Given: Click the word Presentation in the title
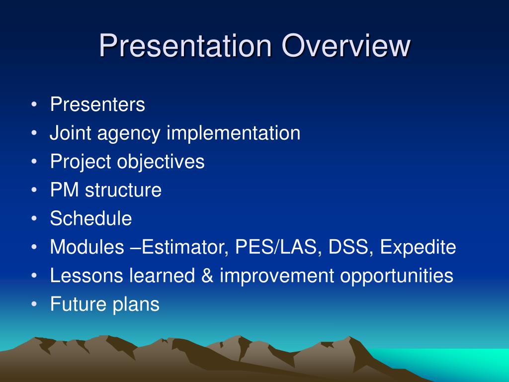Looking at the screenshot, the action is (185, 45).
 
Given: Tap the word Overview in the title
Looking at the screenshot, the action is (346, 45).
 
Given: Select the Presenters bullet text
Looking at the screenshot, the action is (97, 104).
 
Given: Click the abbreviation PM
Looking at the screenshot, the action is (64, 190).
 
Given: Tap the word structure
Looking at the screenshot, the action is (123, 191).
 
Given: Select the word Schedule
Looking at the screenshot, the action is (91, 218).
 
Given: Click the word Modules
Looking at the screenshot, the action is (87, 247).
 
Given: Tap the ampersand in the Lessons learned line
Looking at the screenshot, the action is (207, 276).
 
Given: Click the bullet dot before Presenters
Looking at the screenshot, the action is (34, 104).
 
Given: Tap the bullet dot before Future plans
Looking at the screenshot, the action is (34, 304).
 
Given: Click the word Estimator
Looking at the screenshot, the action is (185, 247).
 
